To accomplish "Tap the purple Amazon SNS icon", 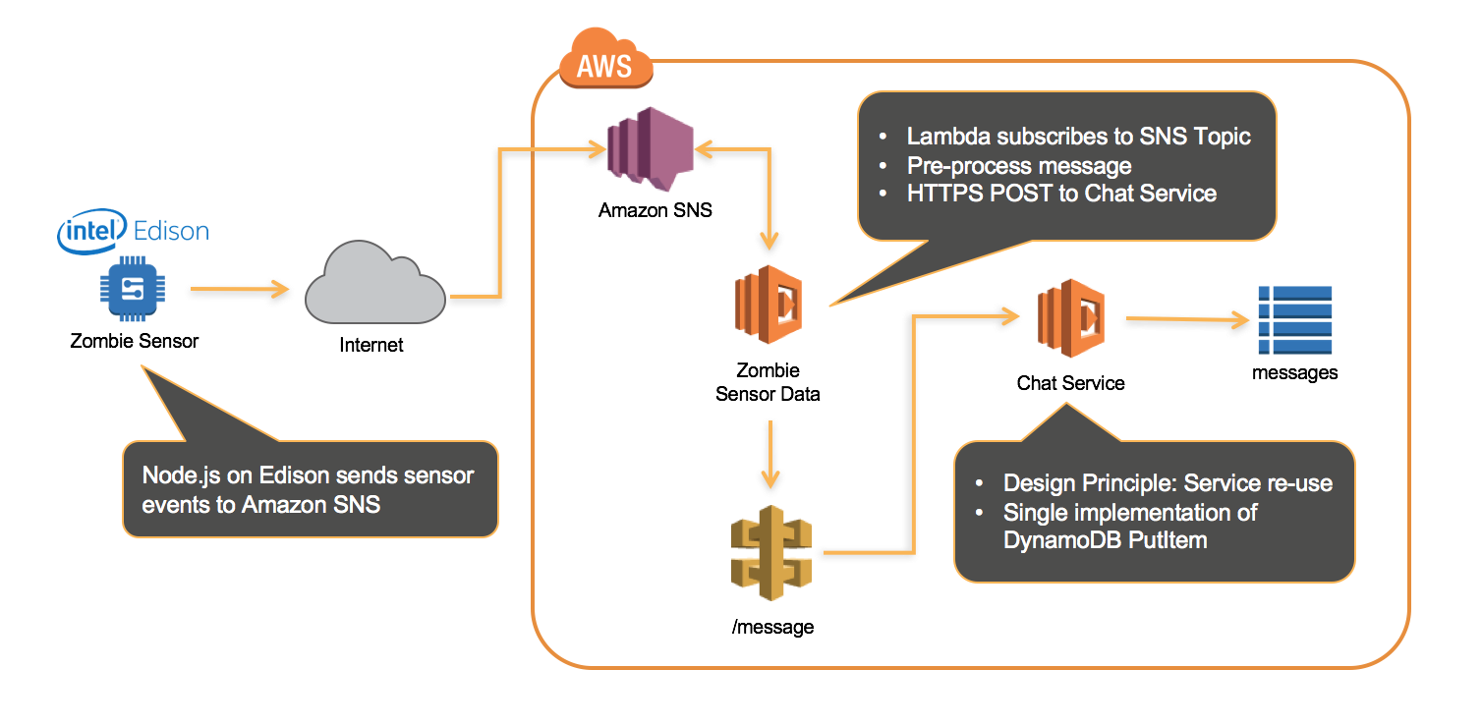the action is [651, 149].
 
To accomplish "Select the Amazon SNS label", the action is [655, 210].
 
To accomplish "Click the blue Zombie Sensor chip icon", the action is [133, 289].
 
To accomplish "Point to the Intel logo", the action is [92, 231].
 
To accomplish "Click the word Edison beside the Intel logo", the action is [171, 231].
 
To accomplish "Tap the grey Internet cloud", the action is [374, 283].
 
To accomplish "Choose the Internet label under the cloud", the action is [371, 345].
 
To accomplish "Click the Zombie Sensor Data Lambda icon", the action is [769, 305].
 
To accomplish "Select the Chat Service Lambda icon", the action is [1071, 318].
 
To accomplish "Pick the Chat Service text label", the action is [1070, 383].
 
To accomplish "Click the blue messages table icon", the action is [1294, 320].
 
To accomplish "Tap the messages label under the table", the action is [1294, 373].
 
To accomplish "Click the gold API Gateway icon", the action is [771, 553].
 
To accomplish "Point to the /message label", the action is [772, 627].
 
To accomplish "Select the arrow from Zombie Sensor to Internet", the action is [240, 289].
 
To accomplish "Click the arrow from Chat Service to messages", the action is [1187, 319].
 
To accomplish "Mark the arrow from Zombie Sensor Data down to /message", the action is [770, 455].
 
